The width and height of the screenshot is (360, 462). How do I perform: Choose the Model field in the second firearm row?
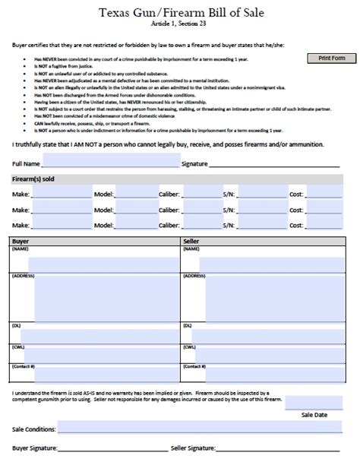pos(137,209)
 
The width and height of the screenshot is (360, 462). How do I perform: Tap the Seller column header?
pos(191,241)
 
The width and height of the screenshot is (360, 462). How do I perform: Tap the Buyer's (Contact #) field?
pos(106,372)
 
